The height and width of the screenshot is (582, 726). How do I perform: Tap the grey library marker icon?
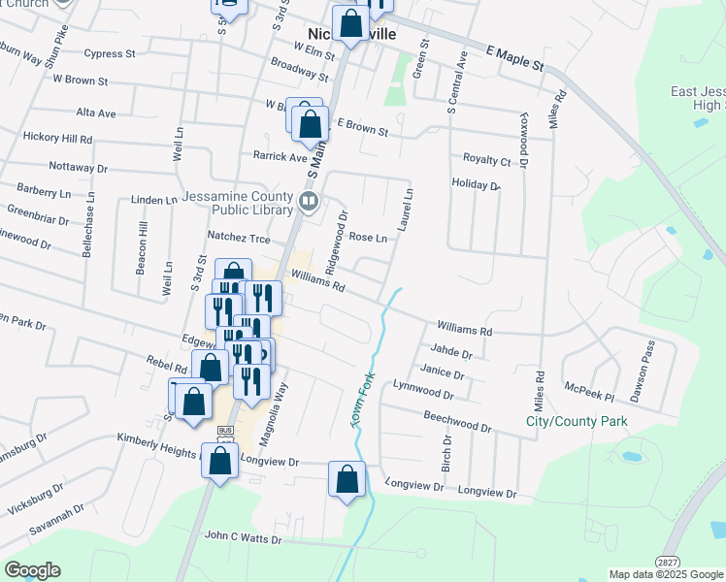click(x=309, y=202)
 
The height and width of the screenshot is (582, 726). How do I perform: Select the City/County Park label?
click(x=577, y=421)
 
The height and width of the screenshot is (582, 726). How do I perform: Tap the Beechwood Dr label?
click(x=457, y=420)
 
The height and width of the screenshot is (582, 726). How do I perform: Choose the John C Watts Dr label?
click(x=243, y=538)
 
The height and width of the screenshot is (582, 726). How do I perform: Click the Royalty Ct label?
click(x=486, y=160)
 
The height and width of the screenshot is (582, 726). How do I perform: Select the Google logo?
click(x=32, y=570)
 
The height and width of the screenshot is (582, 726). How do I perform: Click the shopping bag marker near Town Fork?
click(x=346, y=479)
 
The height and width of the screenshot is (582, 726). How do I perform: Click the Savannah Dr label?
click(x=52, y=513)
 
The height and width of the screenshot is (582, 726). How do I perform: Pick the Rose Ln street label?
click(x=368, y=237)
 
